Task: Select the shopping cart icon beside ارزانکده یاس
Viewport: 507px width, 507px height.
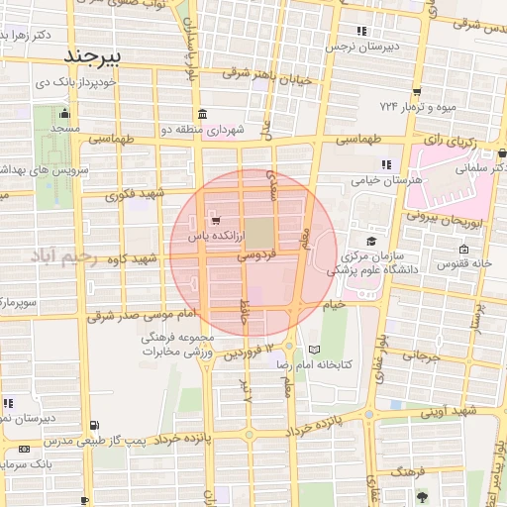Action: (x=215, y=220)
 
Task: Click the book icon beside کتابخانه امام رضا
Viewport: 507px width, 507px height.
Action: (x=315, y=351)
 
